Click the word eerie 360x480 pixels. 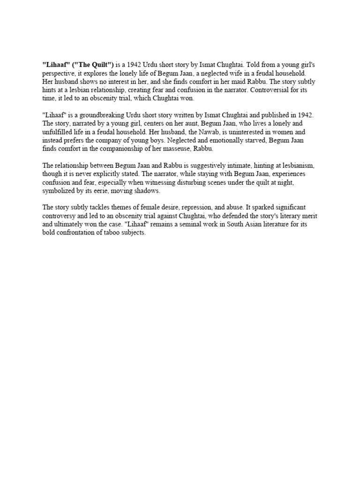pyautogui.click(x=102, y=191)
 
